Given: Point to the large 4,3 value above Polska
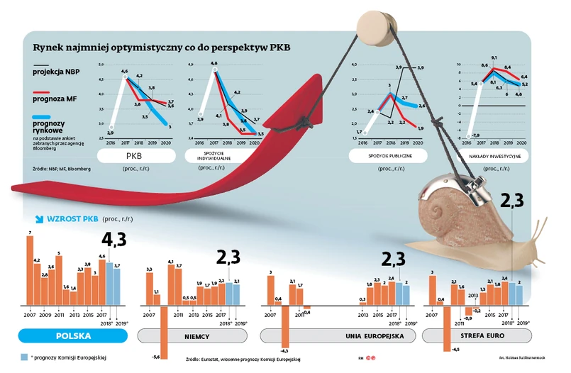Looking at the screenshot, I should point(114,239).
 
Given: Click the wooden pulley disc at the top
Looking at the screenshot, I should point(373,26).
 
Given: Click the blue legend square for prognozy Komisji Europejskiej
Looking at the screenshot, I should point(23,357).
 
